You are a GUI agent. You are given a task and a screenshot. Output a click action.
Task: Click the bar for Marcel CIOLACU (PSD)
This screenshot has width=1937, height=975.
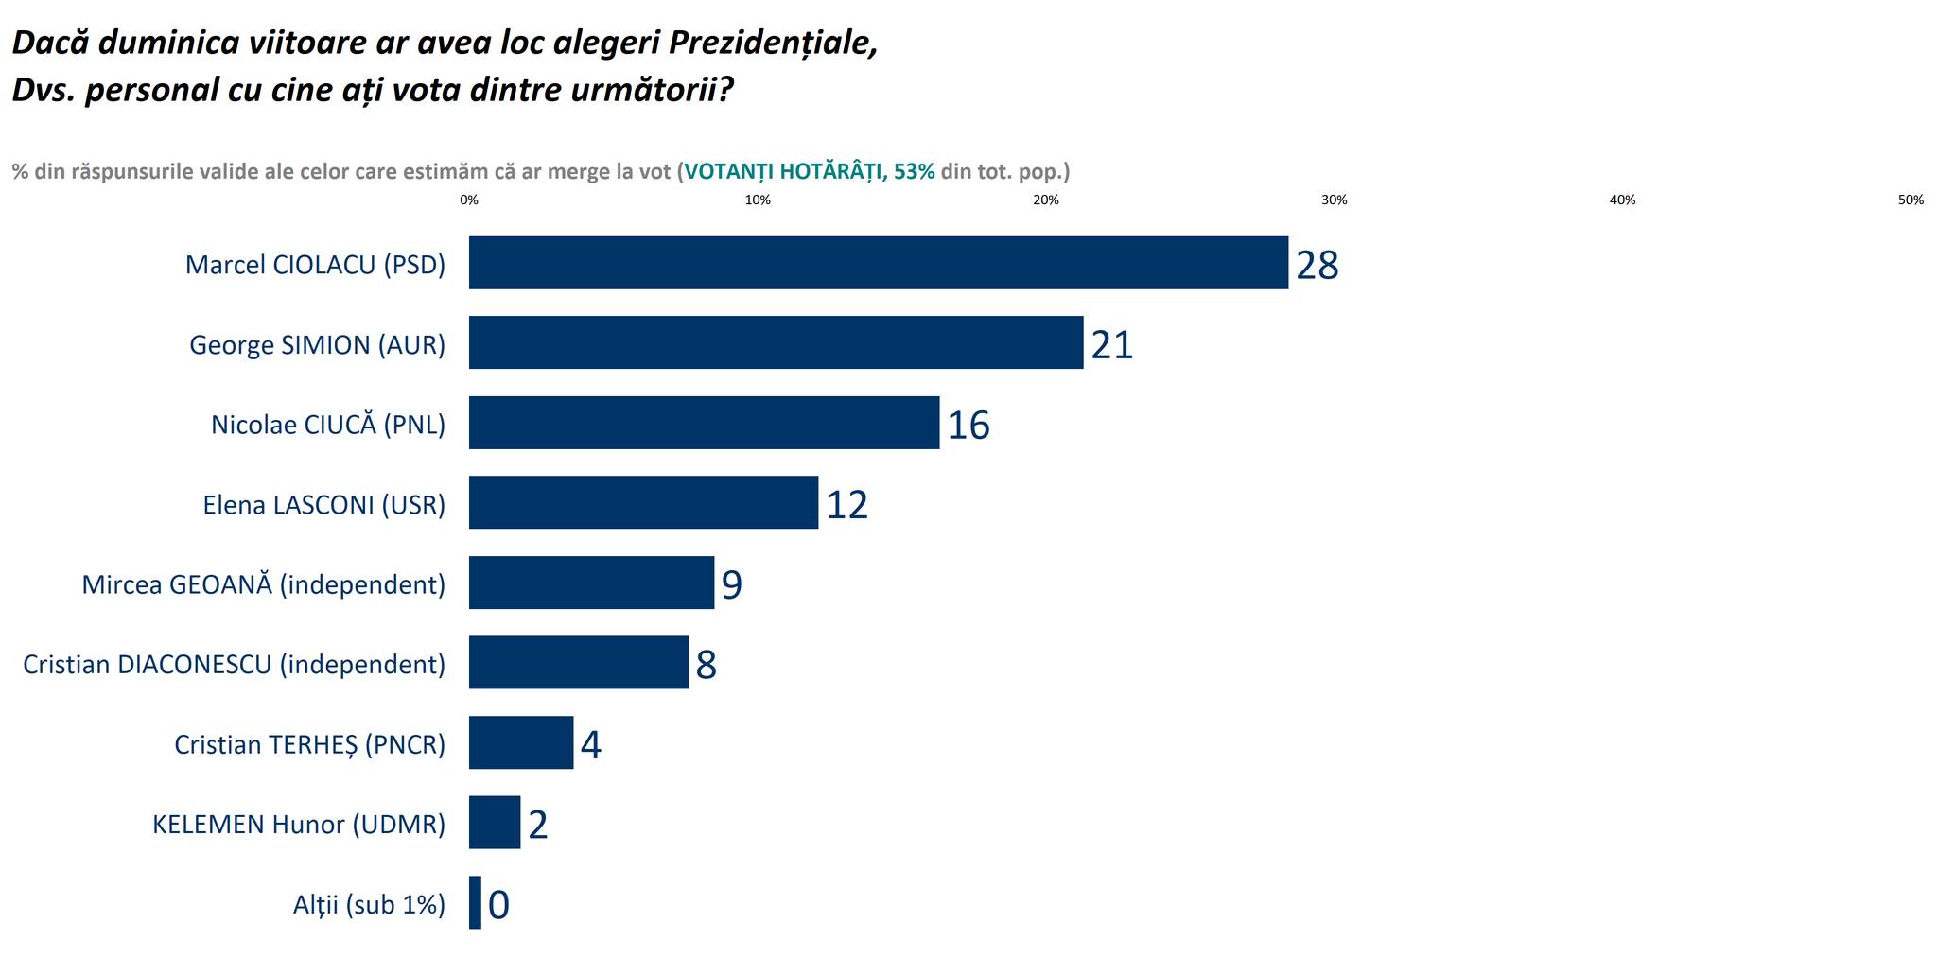pos(878,263)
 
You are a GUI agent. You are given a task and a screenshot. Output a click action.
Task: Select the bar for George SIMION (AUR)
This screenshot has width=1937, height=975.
pos(776,342)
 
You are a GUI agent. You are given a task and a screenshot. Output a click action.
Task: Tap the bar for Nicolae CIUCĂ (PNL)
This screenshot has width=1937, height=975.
pos(704,423)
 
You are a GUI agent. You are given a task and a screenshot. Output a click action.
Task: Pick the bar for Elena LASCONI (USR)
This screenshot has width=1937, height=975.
pos(643,502)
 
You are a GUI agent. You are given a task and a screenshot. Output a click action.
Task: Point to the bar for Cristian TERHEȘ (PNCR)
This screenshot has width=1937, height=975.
pos(521,742)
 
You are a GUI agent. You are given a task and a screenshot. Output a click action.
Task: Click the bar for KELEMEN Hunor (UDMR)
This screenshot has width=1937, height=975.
pos(495,822)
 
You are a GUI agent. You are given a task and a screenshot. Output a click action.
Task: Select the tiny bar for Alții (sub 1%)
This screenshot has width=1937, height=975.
pos(475,902)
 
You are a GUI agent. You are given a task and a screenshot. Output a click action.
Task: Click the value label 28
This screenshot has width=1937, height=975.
pos(1317,266)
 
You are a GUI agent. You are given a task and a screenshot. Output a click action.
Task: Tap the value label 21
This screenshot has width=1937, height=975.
pos(1111,345)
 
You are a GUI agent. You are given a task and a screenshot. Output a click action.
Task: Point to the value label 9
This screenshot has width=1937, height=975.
pos(731,585)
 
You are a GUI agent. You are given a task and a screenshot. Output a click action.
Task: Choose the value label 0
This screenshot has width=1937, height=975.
pos(498,905)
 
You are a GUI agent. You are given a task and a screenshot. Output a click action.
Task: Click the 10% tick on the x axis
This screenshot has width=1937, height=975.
pos(758,200)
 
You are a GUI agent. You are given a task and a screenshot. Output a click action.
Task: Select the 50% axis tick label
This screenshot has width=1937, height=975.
pos(1911,200)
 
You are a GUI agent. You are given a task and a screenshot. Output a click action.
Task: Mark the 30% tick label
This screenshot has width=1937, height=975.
pos(1334,200)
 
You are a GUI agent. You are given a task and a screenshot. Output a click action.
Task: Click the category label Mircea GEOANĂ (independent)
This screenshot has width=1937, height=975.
pos(263,584)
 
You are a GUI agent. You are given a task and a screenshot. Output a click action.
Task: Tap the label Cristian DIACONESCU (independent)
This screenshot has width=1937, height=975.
pos(234,665)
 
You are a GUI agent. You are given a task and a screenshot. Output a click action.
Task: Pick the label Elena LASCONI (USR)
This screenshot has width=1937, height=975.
pos(323,505)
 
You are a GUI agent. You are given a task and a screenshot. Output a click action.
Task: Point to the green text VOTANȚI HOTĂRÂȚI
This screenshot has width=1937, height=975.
pos(785,171)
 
